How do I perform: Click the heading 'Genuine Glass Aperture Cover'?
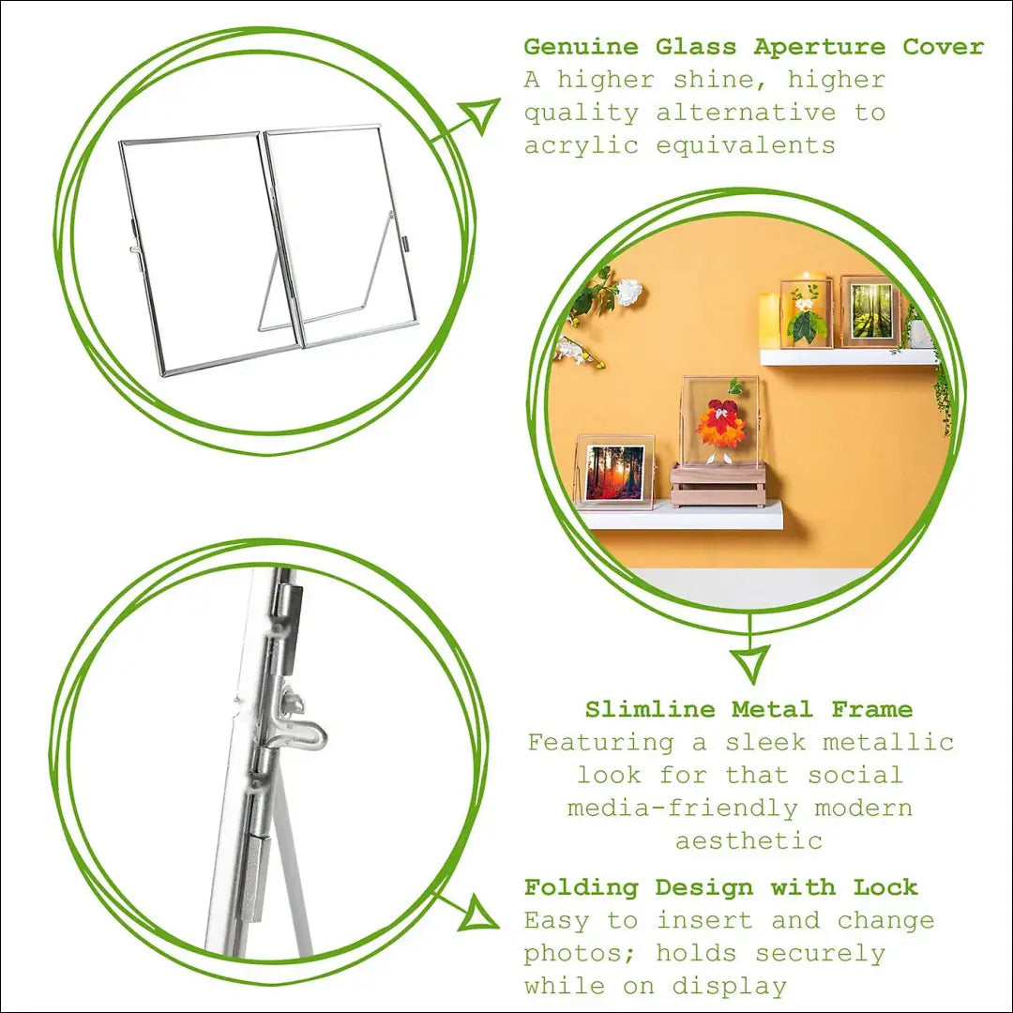point(753,47)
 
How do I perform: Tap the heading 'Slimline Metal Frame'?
point(748,709)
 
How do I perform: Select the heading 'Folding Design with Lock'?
point(720,887)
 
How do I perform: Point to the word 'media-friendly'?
point(682,808)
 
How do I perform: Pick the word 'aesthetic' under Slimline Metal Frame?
point(748,840)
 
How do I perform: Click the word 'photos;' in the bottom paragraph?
point(581,954)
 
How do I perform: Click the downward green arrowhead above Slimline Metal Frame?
point(750,663)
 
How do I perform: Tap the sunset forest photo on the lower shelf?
point(615,472)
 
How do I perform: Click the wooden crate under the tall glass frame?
point(717,484)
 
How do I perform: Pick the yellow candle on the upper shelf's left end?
point(769,321)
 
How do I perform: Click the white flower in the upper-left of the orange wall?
point(628,292)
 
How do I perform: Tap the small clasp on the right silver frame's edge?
point(406,245)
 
